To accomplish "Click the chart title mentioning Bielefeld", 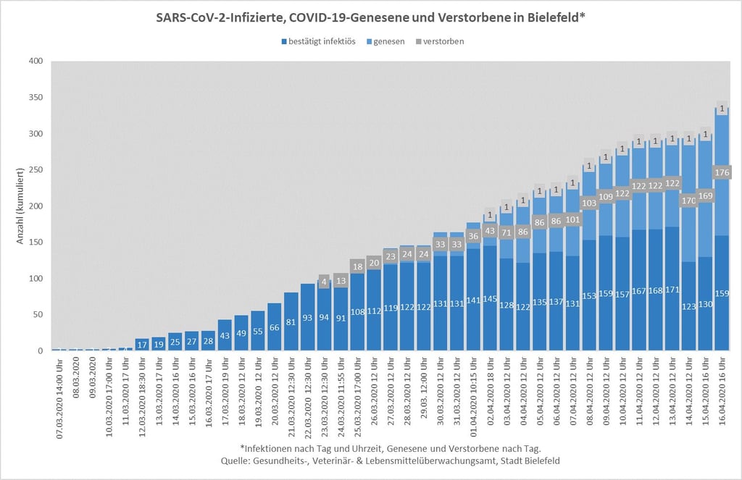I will (371, 17).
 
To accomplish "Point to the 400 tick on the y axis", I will (37, 62).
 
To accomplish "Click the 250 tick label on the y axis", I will (37, 170).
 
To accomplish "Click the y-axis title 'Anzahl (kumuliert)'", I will (22, 206).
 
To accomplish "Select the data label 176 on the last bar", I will (722, 172).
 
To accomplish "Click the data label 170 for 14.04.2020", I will (688, 201).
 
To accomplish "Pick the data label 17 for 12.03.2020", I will (142, 344).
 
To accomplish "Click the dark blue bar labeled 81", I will (291, 322).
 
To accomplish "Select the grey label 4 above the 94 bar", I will (324, 282).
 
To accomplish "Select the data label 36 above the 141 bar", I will (473, 235).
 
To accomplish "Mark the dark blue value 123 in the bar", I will (688, 307).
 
